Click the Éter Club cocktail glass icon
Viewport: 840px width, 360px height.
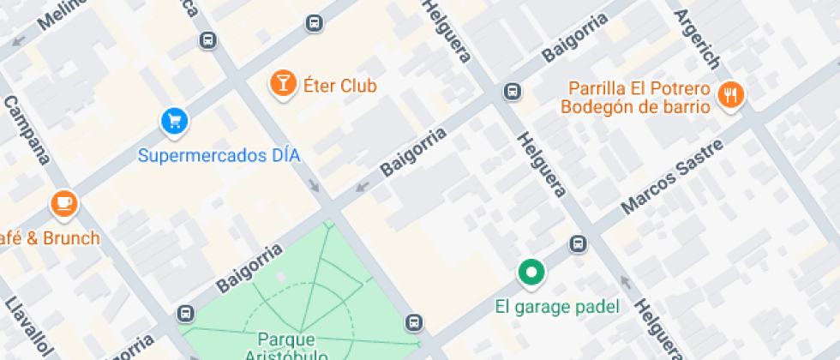point(280,83)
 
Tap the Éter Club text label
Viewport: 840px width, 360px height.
point(340,86)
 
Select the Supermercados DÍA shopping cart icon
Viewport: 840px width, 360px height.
point(175,121)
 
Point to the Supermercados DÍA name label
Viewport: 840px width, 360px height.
point(219,156)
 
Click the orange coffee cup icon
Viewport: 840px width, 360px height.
point(63,203)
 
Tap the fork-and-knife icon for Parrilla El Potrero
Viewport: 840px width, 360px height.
point(730,94)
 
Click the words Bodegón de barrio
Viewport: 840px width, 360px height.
point(635,107)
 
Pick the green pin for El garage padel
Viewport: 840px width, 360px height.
point(531,273)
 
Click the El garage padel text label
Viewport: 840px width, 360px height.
point(557,307)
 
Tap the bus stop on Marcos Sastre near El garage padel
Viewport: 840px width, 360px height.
point(579,244)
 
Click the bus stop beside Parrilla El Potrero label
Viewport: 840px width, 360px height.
point(513,91)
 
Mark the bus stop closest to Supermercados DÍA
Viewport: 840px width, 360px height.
point(207,39)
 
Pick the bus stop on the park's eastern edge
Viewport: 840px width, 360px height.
point(414,322)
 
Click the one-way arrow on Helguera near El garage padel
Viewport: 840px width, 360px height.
point(625,283)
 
